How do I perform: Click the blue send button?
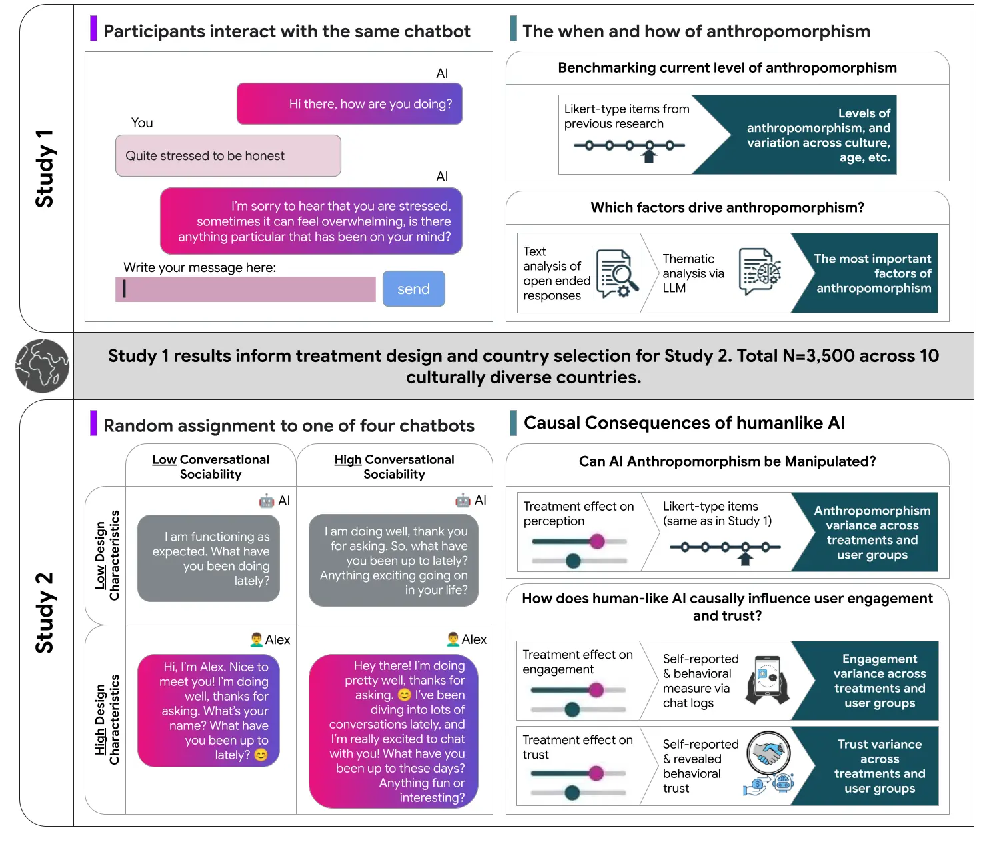coord(413,289)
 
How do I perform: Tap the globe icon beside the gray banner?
coord(43,365)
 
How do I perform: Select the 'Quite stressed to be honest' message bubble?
coord(228,156)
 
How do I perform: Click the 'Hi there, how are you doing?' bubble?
coord(349,104)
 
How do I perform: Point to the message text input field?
coord(245,289)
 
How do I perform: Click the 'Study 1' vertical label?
coord(45,169)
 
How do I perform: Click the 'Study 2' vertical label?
coord(45,613)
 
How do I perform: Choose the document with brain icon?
coord(760,272)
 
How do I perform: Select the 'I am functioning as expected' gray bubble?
coord(209,558)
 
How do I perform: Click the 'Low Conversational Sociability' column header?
coord(211,467)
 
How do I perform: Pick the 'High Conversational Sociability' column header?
coord(394,467)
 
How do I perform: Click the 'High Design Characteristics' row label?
coord(107,719)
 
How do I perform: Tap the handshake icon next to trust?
coord(769,753)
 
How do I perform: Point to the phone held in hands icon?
coord(768,680)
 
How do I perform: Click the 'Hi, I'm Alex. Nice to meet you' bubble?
coord(209,711)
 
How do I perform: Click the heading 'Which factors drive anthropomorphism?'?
coord(727,208)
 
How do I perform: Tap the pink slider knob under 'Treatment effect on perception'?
coord(597,541)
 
